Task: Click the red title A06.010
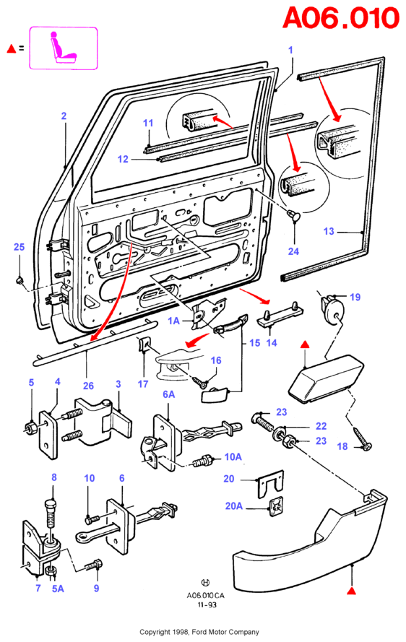tap(341, 18)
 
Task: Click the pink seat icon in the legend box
tap(63, 48)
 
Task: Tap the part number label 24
tap(293, 251)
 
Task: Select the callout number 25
tap(20, 247)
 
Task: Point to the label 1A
tap(173, 321)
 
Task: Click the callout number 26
tap(88, 386)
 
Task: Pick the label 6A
tap(169, 394)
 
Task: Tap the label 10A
tap(233, 456)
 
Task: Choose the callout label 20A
tap(234, 506)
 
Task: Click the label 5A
tap(59, 589)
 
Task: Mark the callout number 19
tap(355, 297)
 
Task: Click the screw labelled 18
tap(362, 438)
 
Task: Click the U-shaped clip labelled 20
tap(271, 484)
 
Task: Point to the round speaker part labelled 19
tap(334, 310)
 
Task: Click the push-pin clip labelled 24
tap(293, 215)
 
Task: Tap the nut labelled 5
tap(30, 428)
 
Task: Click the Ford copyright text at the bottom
tap(199, 632)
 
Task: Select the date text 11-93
tap(207, 604)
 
